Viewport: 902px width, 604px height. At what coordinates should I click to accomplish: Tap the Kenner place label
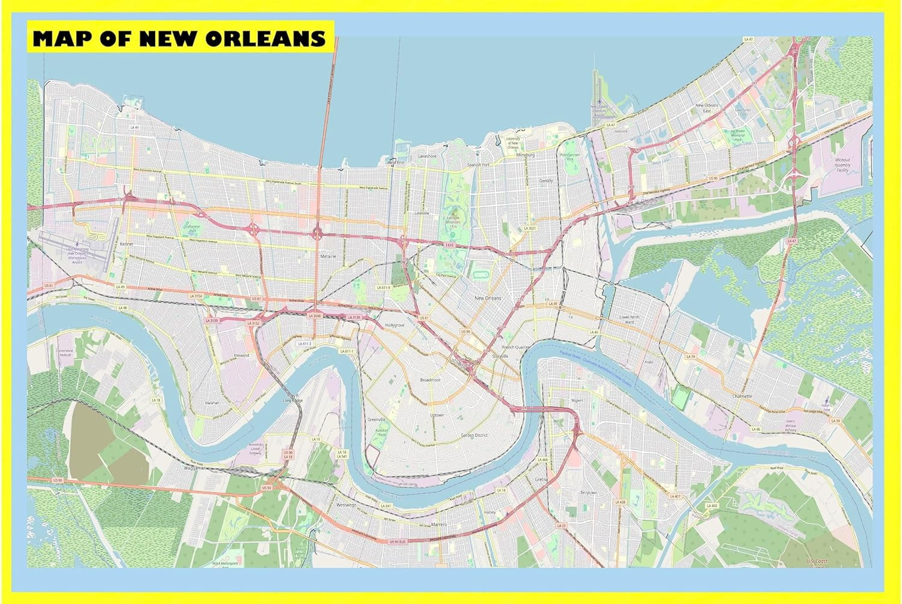coord(127,244)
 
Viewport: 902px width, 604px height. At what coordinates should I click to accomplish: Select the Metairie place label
coord(328,256)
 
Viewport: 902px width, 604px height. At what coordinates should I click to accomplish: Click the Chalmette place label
coord(741,396)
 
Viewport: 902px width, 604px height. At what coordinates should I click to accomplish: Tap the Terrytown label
coord(588,493)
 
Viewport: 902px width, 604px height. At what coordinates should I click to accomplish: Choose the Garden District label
coord(474,435)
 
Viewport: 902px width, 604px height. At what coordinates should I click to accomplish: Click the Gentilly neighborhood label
coord(545,180)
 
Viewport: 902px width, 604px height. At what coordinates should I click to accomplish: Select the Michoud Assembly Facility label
coord(842,165)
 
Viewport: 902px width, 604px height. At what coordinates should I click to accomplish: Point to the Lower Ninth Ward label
coord(630,319)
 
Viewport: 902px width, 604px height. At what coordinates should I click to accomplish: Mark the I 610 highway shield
coord(449,245)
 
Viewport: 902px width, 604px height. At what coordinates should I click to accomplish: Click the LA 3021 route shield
coord(529,229)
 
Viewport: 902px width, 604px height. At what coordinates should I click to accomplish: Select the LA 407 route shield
coord(675,496)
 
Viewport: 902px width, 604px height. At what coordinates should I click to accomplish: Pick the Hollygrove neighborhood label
coord(394,325)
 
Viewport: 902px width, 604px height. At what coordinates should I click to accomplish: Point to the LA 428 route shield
coord(621,502)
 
